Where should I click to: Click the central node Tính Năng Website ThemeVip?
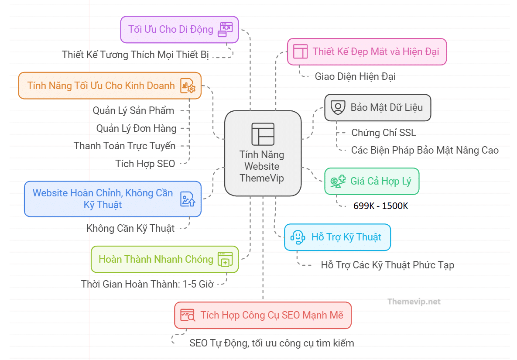pos(263,153)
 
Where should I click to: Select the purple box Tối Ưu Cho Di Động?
pos(179,30)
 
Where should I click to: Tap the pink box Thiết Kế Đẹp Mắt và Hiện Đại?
pos(366,51)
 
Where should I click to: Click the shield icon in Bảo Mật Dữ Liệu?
pos(338,107)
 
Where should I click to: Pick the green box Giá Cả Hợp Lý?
pos(372,181)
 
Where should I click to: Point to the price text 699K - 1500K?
pos(381,206)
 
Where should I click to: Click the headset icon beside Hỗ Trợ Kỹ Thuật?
pos(298,237)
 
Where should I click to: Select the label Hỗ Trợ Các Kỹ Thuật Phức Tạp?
pos(387,265)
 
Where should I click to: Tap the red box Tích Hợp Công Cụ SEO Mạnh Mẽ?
pos(263,315)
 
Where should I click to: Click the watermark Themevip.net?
pos(414,302)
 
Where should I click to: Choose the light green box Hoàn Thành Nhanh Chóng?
pos(164,259)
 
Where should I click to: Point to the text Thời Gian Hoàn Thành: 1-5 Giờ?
pos(147,284)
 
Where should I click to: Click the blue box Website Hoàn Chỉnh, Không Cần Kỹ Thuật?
pos(113,199)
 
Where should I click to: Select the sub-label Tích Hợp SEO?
pos(145,164)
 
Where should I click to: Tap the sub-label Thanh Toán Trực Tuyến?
pos(125,146)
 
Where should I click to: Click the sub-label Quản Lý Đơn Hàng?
pos(137,128)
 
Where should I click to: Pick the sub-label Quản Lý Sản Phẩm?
pos(134,110)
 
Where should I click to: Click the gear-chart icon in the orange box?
pos(188,86)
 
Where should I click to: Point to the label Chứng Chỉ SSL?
pos(383,133)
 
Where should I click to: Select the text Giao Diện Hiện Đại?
pos(355,76)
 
